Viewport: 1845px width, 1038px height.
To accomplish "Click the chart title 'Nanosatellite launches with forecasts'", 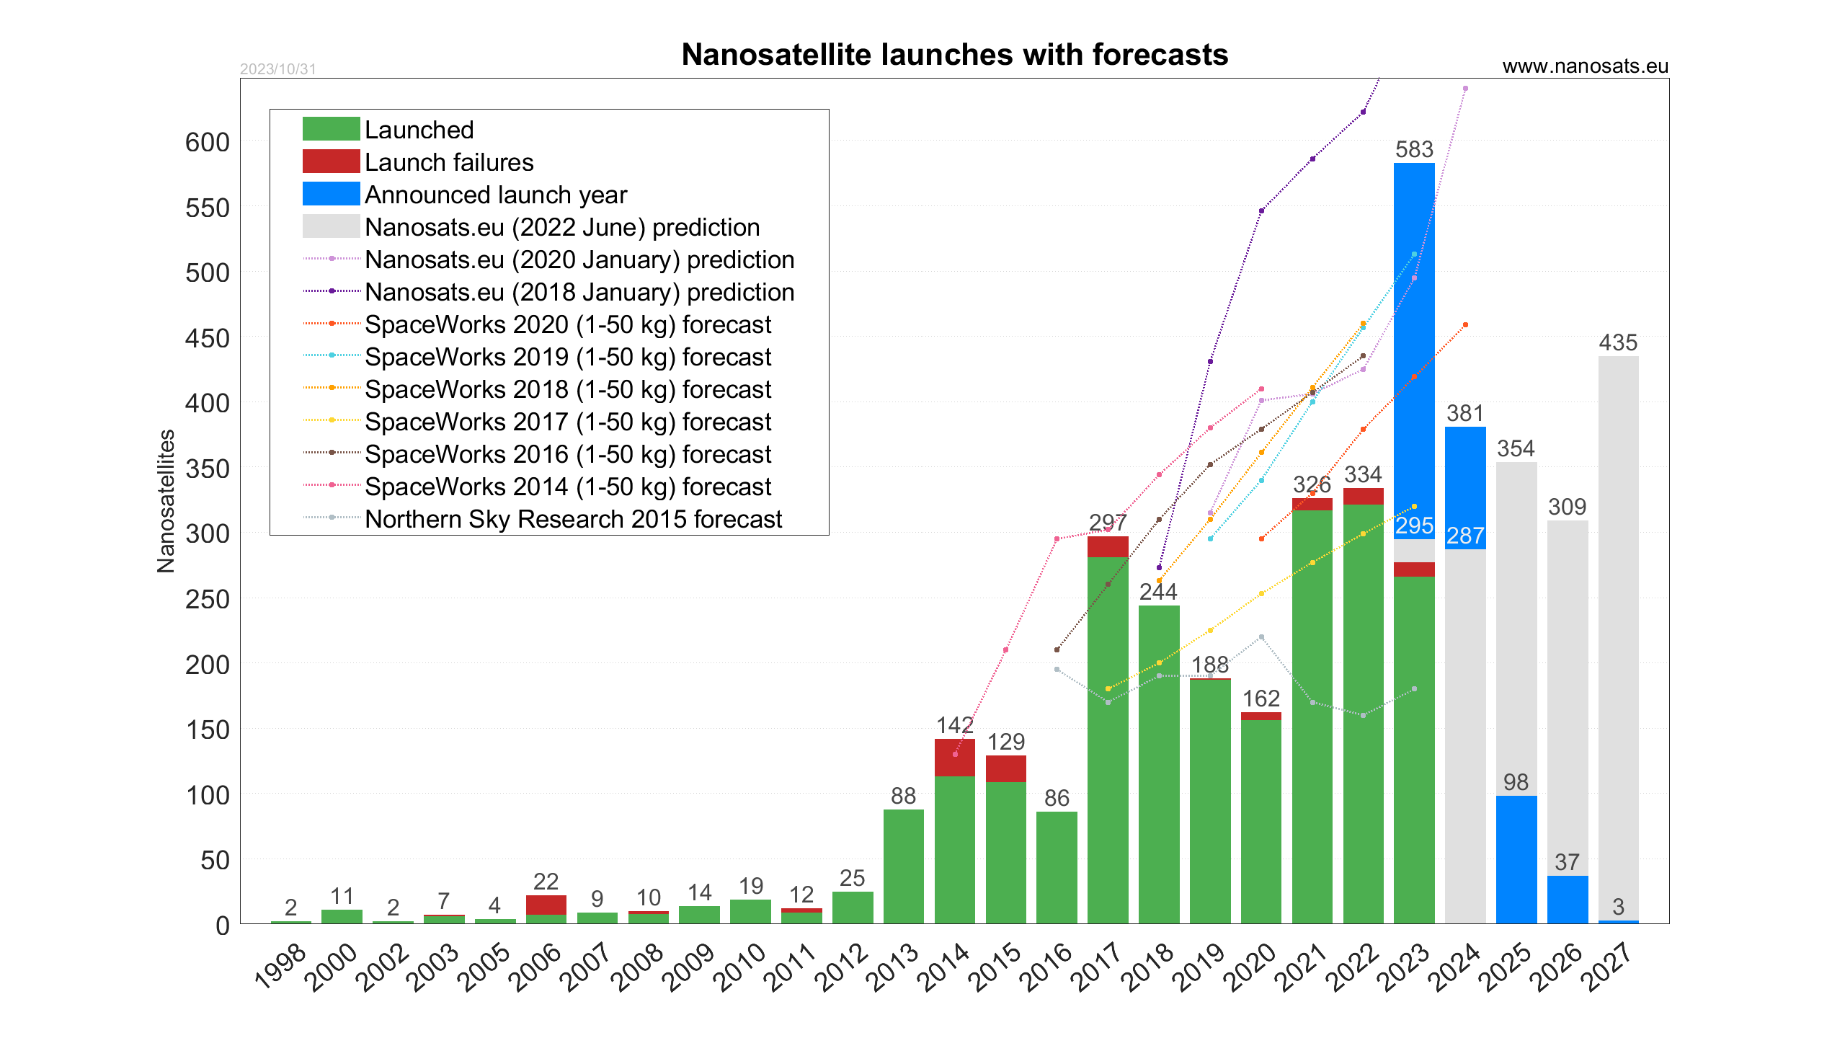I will click(x=954, y=55).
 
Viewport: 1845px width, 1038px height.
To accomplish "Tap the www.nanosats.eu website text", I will click(x=1585, y=66).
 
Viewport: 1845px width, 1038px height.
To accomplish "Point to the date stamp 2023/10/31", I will click(x=277, y=69).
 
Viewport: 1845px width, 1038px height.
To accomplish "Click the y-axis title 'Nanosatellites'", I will click(x=166, y=501).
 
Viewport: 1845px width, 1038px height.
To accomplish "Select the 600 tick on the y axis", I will click(x=207, y=142).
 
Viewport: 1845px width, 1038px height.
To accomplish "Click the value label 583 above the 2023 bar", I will click(x=1414, y=149).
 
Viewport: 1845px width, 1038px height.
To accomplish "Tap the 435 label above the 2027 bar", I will click(x=1618, y=342).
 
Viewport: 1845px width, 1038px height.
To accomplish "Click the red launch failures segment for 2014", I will click(x=954, y=757).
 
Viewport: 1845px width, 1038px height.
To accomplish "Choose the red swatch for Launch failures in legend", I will click(x=331, y=161).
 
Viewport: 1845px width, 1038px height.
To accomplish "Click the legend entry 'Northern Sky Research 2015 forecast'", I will click(x=573, y=519).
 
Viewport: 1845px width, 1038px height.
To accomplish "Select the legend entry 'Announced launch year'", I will click(x=496, y=195).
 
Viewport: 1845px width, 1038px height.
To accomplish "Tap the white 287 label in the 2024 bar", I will click(x=1465, y=536).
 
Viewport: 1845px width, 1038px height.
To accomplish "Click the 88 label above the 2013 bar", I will click(x=903, y=796).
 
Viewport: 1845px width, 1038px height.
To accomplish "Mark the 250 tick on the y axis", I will click(x=207, y=599).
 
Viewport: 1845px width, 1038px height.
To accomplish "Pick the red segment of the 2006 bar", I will click(x=546, y=905).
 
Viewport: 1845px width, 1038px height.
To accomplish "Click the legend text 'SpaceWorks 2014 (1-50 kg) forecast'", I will click(x=568, y=487).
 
